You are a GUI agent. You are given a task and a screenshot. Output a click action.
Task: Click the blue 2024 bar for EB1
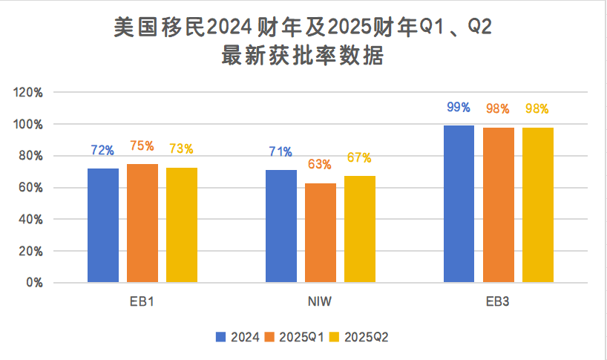point(103,226)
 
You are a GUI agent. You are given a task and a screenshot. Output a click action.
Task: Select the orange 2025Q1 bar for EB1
point(142,223)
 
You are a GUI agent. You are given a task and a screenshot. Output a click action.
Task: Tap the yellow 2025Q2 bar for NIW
point(360,229)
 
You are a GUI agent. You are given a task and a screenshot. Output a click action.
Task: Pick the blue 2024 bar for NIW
point(281,226)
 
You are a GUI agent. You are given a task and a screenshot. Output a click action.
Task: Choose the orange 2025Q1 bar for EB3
point(498,205)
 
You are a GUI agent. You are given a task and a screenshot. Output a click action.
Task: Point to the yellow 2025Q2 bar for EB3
point(537,205)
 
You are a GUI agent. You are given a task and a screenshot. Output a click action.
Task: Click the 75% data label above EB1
point(142,146)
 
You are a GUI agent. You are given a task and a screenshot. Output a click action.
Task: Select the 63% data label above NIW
point(320,165)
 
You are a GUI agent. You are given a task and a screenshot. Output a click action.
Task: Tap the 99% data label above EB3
point(459,108)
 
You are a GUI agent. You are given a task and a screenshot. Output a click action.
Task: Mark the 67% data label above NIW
point(359,158)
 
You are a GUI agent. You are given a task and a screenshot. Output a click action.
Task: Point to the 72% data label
point(102,151)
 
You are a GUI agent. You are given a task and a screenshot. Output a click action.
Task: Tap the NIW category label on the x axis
point(320,303)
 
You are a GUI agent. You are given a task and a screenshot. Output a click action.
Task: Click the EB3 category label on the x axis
point(498,303)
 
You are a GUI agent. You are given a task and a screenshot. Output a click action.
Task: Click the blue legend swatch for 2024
point(221,337)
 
